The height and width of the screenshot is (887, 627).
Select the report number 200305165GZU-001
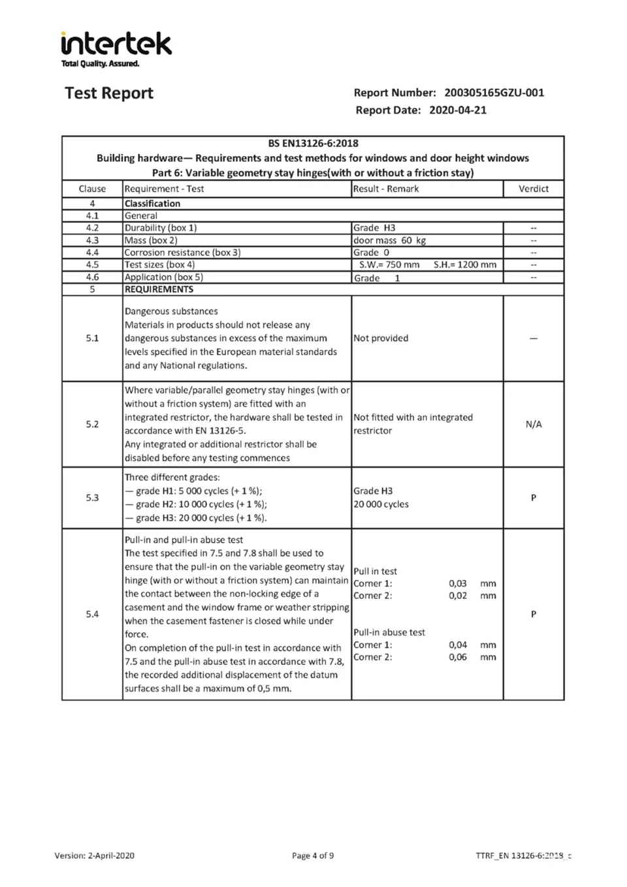494,93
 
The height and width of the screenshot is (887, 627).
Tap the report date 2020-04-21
457,110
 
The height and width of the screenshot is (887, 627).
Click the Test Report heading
109,93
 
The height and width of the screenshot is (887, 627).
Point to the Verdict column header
533,189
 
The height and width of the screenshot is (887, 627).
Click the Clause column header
92,189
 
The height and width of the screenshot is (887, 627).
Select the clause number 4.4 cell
92,253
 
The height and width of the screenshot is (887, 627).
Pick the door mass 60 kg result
389,240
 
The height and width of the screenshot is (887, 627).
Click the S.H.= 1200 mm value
464,265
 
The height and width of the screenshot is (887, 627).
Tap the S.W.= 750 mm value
389,265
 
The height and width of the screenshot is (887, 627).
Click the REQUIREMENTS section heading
159,289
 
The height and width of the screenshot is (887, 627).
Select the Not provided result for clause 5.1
381,338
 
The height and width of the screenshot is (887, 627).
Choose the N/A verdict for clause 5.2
533,425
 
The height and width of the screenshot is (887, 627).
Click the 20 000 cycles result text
381,504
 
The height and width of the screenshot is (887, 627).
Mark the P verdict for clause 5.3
533,498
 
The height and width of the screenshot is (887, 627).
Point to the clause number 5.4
92,615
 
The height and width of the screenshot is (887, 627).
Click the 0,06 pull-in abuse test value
458,657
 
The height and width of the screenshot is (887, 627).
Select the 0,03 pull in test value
458,583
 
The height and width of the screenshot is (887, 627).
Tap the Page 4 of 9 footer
313,856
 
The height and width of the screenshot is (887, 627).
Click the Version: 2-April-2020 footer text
95,856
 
